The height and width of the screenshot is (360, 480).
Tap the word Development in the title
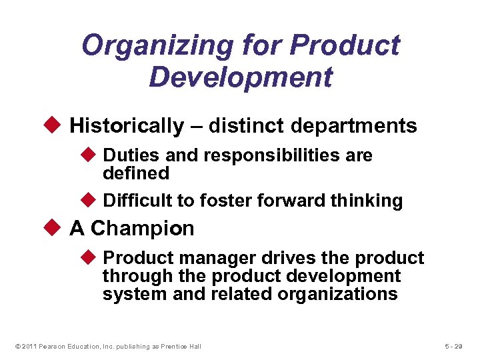[x=240, y=77]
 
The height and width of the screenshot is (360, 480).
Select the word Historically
[x=126, y=125]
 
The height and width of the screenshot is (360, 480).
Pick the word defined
[x=136, y=173]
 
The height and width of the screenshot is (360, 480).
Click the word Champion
[x=142, y=229]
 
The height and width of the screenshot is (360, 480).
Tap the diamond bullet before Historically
[x=55, y=125]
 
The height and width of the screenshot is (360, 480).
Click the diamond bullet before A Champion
[x=55, y=229]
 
